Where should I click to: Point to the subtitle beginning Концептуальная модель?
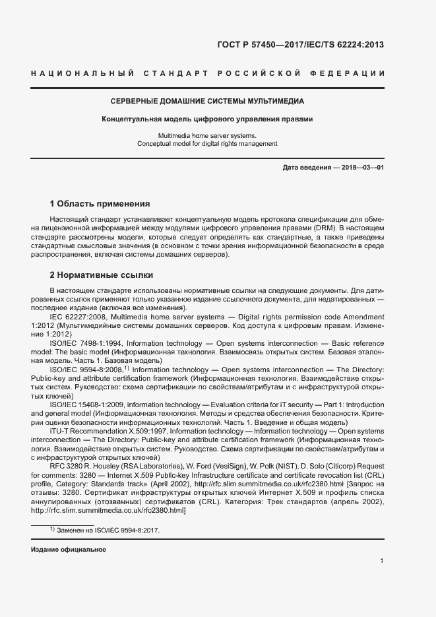(x=206, y=119)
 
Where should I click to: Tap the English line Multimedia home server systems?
(x=206, y=135)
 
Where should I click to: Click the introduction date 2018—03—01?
(x=362, y=168)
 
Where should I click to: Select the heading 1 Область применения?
(x=100, y=203)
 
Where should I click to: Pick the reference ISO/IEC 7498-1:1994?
(x=84, y=343)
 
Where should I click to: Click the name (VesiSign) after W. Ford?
(x=228, y=465)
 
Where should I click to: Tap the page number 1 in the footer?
(x=382, y=561)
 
